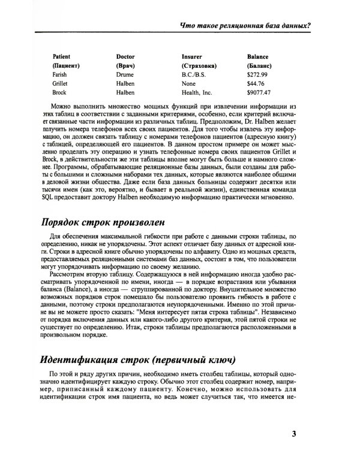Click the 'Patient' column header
pyautogui.click(x=62, y=55)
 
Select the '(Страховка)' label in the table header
pyautogui.click(x=199, y=65)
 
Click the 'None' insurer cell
pyautogui.click(x=187, y=84)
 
